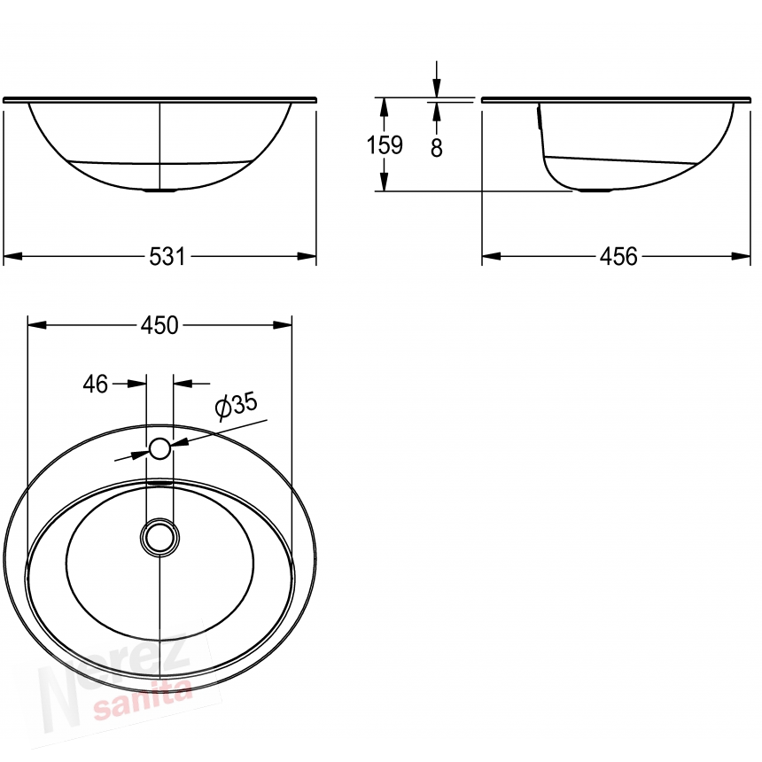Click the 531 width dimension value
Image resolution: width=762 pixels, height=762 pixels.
point(167,257)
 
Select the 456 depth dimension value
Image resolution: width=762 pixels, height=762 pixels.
point(618,257)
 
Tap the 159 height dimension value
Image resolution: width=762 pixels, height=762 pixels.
point(385,144)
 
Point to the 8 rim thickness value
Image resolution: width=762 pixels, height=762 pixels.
point(437,148)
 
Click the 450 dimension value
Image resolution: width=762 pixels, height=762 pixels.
point(159,325)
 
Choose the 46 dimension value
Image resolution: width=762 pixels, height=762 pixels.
point(96,385)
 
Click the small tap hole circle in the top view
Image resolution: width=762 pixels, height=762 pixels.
point(159,448)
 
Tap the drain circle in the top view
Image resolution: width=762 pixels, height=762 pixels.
point(159,538)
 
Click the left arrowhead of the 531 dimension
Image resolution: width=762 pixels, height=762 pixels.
point(12,256)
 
